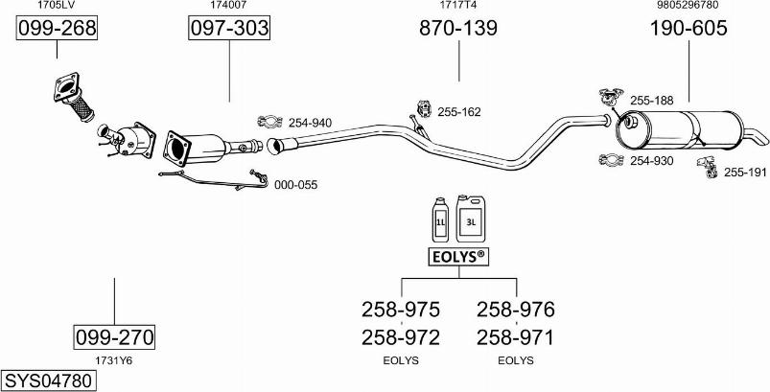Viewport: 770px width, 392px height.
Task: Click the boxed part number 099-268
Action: click(x=58, y=29)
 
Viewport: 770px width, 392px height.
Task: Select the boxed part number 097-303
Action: click(x=228, y=29)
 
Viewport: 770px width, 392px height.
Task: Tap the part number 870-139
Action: click(x=458, y=29)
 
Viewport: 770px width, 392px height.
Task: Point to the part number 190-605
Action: click(x=688, y=29)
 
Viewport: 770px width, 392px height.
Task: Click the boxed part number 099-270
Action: click(x=114, y=336)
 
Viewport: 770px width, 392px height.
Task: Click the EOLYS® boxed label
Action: click(x=457, y=257)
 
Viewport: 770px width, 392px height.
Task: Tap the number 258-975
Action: click(x=400, y=310)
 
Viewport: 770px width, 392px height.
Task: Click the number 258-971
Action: click(x=515, y=337)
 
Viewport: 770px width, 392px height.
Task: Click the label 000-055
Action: click(x=295, y=184)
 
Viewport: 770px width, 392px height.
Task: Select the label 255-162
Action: click(x=458, y=112)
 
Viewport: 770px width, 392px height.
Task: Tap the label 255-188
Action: click(x=652, y=100)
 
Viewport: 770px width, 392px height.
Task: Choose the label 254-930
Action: click(x=651, y=160)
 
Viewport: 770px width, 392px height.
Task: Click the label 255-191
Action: click(x=745, y=173)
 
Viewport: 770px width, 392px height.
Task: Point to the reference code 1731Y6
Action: click(x=113, y=360)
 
